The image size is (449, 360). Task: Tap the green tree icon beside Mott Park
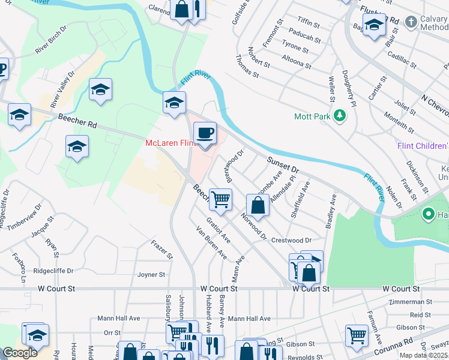coord(340,115)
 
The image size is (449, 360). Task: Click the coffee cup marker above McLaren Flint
coord(205,133)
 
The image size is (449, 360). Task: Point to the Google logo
coord(19,353)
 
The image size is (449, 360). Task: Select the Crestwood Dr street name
coord(292,241)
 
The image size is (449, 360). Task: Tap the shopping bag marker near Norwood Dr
coord(258,206)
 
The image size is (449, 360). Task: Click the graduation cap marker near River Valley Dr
coord(100,91)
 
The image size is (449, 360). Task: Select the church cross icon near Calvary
coord(411,22)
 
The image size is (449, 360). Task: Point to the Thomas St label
coord(247,66)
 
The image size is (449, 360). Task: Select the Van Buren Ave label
coord(211,242)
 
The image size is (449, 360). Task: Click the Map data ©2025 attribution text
coord(423,355)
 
